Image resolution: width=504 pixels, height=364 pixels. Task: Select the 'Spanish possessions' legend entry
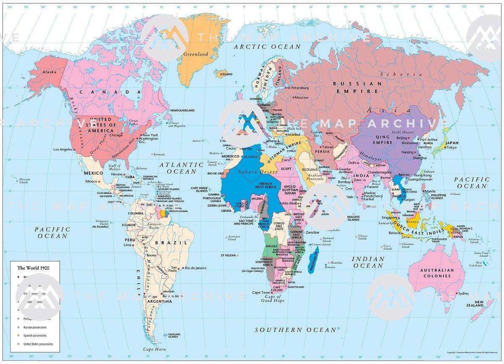pos(35,335)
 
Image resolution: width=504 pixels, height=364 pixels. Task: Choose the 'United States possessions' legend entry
pos(38,344)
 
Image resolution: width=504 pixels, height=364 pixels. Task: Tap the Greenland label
pos(195,54)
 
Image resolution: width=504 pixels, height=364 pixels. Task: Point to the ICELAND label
pos(226,74)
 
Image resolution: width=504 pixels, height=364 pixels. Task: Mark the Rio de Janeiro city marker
pos(182,268)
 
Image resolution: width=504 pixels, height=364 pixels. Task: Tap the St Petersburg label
pos(298,88)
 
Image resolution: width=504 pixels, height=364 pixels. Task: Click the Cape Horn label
pos(154,349)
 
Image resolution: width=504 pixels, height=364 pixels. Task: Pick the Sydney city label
pos(464,293)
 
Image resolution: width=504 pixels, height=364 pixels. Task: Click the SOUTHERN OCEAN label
pos(296,330)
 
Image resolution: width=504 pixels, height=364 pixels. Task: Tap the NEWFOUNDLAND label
pos(182,111)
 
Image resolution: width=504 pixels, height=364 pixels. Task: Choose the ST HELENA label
pos(228,255)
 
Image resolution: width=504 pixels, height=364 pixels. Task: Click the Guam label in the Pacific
pos(456,194)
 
